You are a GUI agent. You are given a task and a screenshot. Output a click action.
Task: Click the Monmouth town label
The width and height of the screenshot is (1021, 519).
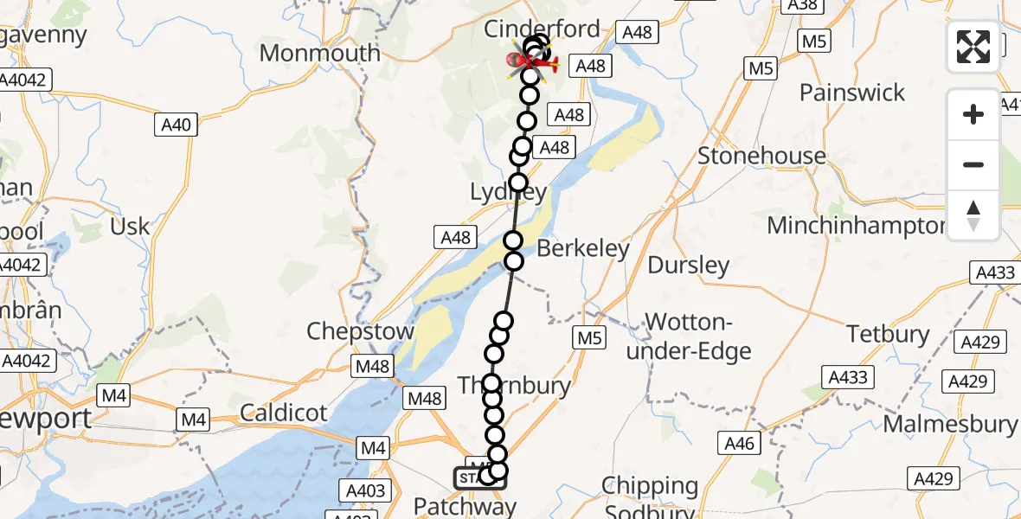coord(319,53)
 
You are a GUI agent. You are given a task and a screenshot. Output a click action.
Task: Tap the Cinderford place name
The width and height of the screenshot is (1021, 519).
coord(542,29)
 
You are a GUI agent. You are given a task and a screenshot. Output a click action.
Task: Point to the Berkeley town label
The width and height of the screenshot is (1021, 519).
coord(583,249)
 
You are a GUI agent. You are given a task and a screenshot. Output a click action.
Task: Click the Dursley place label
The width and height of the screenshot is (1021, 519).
coord(689,265)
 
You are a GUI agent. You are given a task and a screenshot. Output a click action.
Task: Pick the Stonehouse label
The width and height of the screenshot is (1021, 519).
coord(761,156)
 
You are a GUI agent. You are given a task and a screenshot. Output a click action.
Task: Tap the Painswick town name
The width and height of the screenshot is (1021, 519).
coord(852,93)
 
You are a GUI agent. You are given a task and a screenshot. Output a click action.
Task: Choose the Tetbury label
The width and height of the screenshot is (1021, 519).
coord(888,334)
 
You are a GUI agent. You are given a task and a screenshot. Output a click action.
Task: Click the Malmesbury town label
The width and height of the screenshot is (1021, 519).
coord(950,424)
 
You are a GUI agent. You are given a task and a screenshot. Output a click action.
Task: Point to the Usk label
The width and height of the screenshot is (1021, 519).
coord(131,227)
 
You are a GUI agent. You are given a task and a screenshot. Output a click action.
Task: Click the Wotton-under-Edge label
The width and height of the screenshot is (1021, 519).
coord(690,337)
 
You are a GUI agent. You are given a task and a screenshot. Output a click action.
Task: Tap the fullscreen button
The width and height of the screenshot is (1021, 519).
coord(973,47)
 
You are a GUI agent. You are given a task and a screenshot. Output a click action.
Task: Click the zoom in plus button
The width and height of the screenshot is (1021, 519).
coord(973,114)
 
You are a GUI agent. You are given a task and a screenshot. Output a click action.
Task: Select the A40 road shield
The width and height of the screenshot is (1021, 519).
coord(176,125)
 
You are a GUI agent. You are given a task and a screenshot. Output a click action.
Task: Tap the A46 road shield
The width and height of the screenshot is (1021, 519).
coord(740,444)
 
